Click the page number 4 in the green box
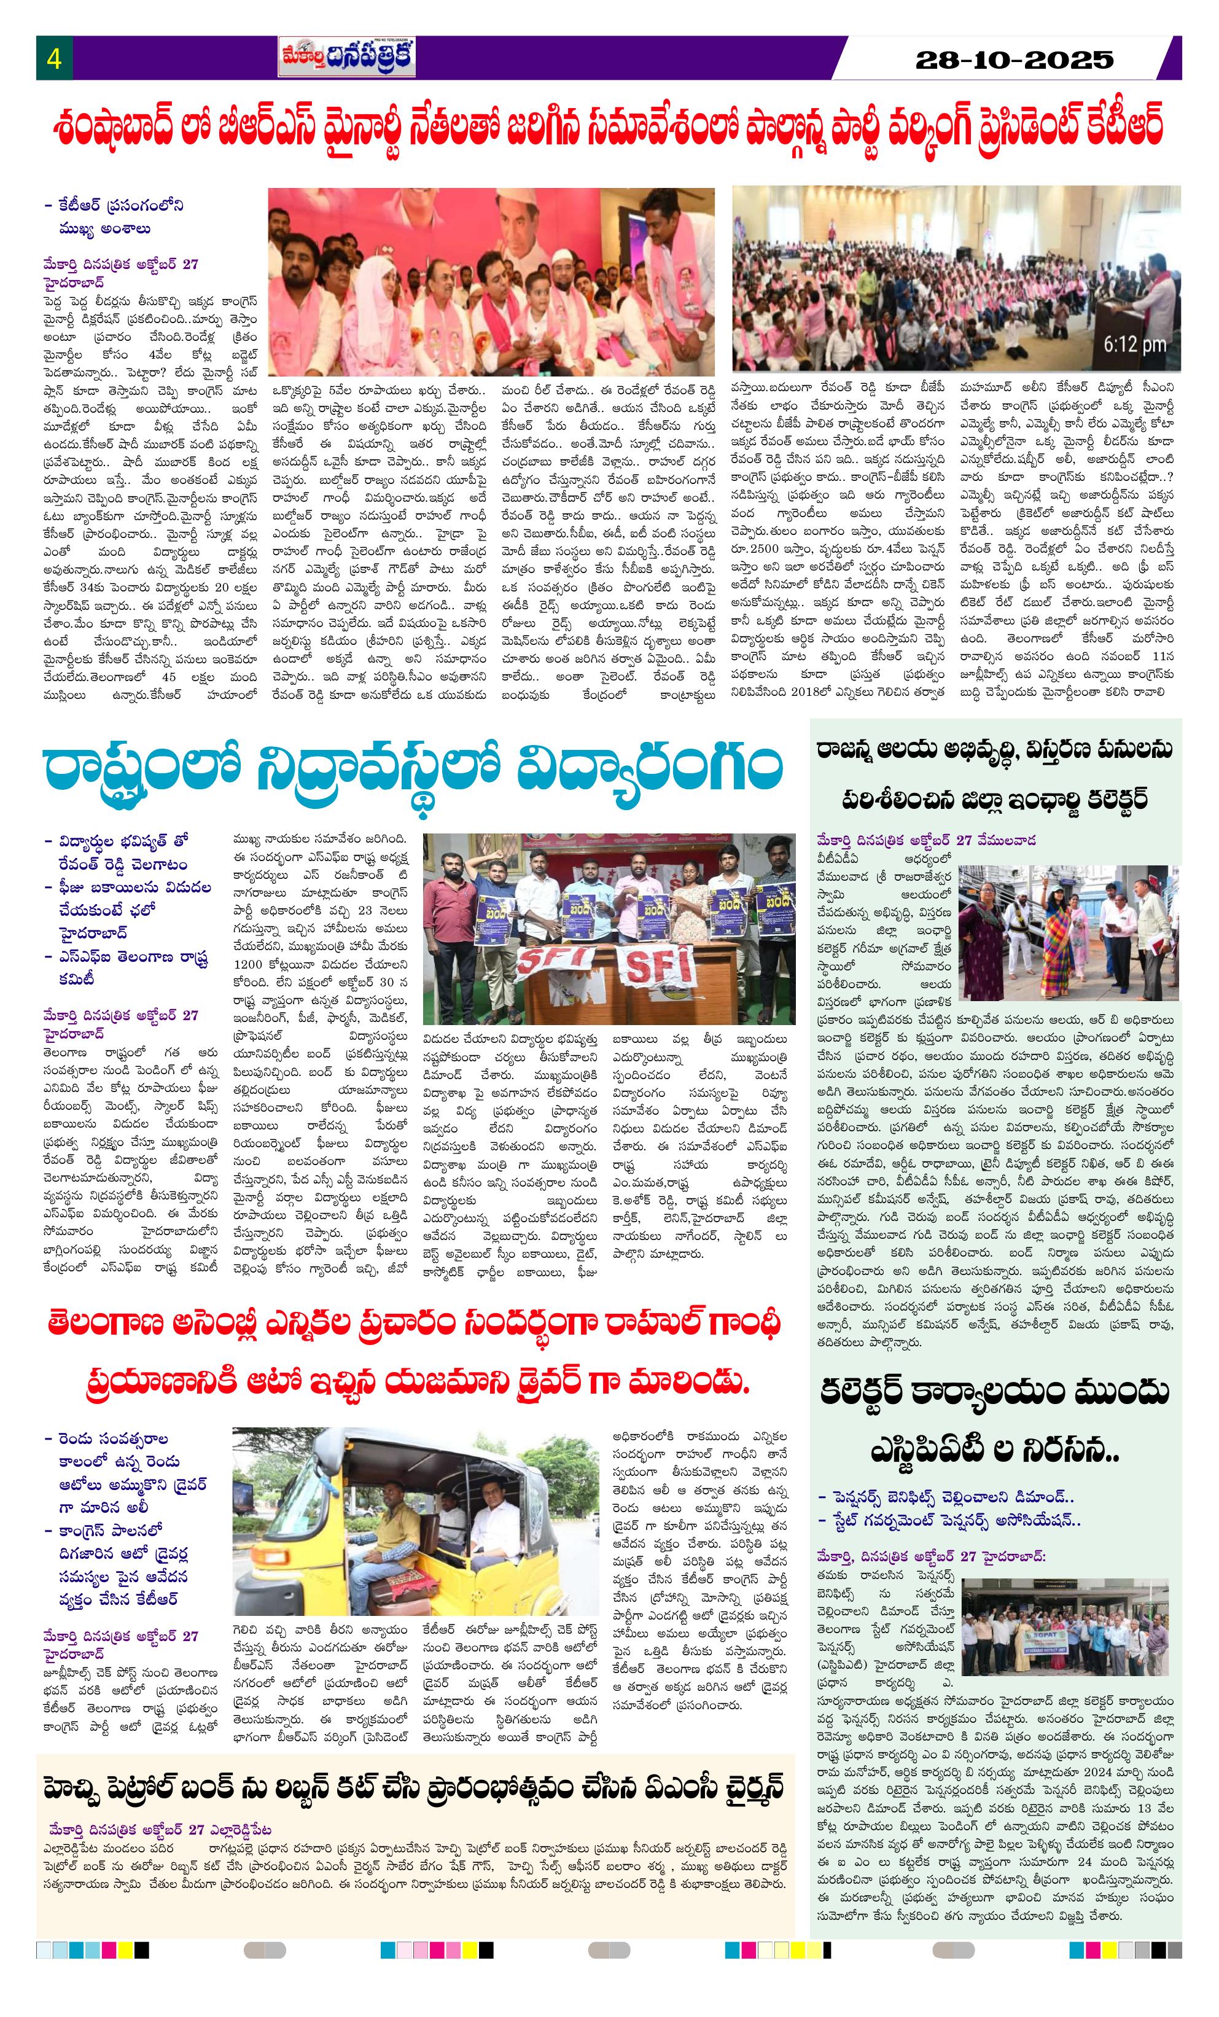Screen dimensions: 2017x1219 54,59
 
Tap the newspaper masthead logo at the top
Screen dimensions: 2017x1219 346,57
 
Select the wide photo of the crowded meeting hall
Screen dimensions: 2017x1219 956,278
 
